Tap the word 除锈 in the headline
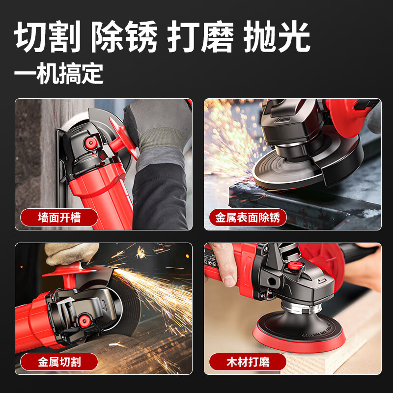(124, 38)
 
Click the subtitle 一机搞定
(58, 74)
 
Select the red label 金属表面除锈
(248, 217)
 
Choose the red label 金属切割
(59, 363)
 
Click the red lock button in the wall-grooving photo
(90, 143)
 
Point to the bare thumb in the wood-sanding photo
(227, 275)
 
